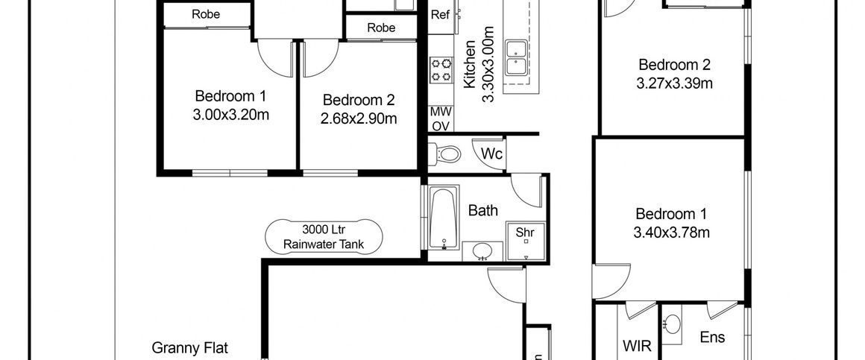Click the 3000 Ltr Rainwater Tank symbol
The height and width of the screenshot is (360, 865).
click(x=324, y=236)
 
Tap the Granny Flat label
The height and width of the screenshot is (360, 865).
click(x=190, y=347)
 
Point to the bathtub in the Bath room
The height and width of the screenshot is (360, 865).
click(x=443, y=219)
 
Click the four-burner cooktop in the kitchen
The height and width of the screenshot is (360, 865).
click(x=440, y=69)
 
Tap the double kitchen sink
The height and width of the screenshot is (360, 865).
click(x=516, y=58)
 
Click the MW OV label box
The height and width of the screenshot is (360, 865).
click(x=440, y=119)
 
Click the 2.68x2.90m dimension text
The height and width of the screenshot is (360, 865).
click(x=359, y=118)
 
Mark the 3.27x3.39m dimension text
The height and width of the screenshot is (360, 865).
click(x=674, y=83)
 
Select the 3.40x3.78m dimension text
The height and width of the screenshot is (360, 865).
click(x=671, y=232)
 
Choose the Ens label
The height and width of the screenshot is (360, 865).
click(x=711, y=338)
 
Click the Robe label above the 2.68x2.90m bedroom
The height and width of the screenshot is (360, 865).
click(x=381, y=28)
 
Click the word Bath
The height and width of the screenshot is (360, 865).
click(x=482, y=211)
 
